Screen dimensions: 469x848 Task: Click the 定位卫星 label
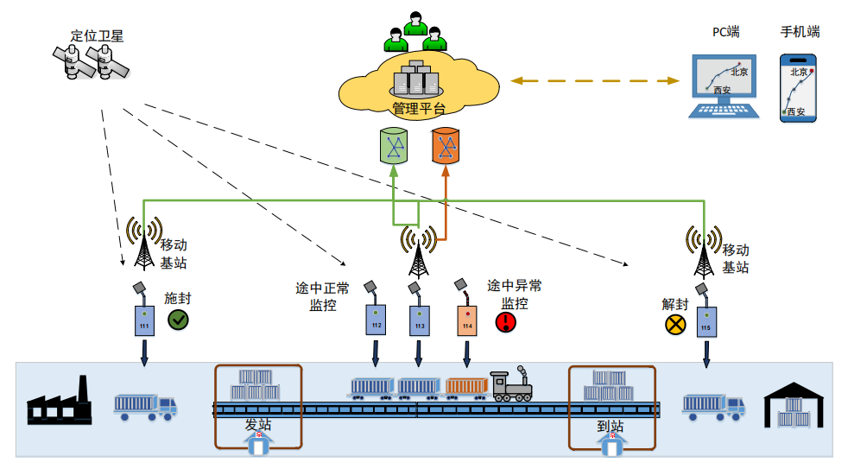tap(97, 36)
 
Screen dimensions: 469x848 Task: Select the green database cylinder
tap(394, 147)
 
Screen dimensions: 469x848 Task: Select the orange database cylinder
tap(446, 147)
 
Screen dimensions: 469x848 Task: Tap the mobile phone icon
tap(799, 88)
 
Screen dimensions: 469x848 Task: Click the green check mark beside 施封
tap(179, 320)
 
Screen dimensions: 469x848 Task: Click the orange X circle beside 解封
tap(674, 325)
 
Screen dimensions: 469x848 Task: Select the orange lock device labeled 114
tap(467, 320)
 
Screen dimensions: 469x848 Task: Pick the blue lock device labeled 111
tap(144, 320)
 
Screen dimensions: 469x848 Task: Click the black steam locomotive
tap(510, 384)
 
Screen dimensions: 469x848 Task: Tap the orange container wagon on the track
tap(466, 386)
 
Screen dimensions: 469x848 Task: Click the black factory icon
tap(59, 402)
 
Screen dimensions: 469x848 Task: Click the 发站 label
tap(258, 425)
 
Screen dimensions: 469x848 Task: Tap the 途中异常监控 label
tap(515, 295)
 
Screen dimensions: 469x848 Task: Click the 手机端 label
tap(800, 32)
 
